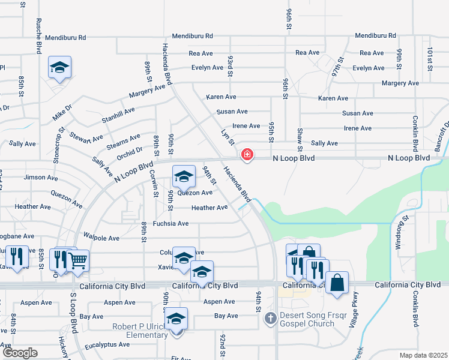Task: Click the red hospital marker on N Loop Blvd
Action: pos(246,155)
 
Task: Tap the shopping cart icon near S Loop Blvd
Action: pos(78,260)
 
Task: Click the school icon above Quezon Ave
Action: pos(184,176)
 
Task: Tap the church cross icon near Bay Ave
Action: pos(271,317)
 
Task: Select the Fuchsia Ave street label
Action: pos(170,224)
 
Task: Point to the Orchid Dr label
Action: pos(130,151)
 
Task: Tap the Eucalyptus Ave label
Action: pos(107,344)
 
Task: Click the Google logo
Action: pos(19,353)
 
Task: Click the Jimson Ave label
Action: pos(41,178)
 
